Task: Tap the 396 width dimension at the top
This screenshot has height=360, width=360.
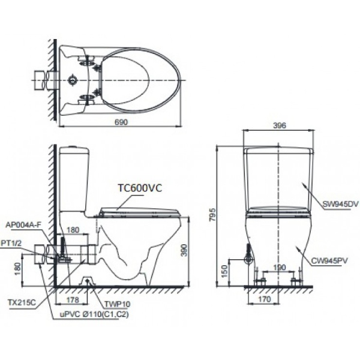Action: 278,125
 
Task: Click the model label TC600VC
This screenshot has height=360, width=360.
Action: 139,187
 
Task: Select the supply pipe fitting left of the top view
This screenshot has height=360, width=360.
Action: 42,79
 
